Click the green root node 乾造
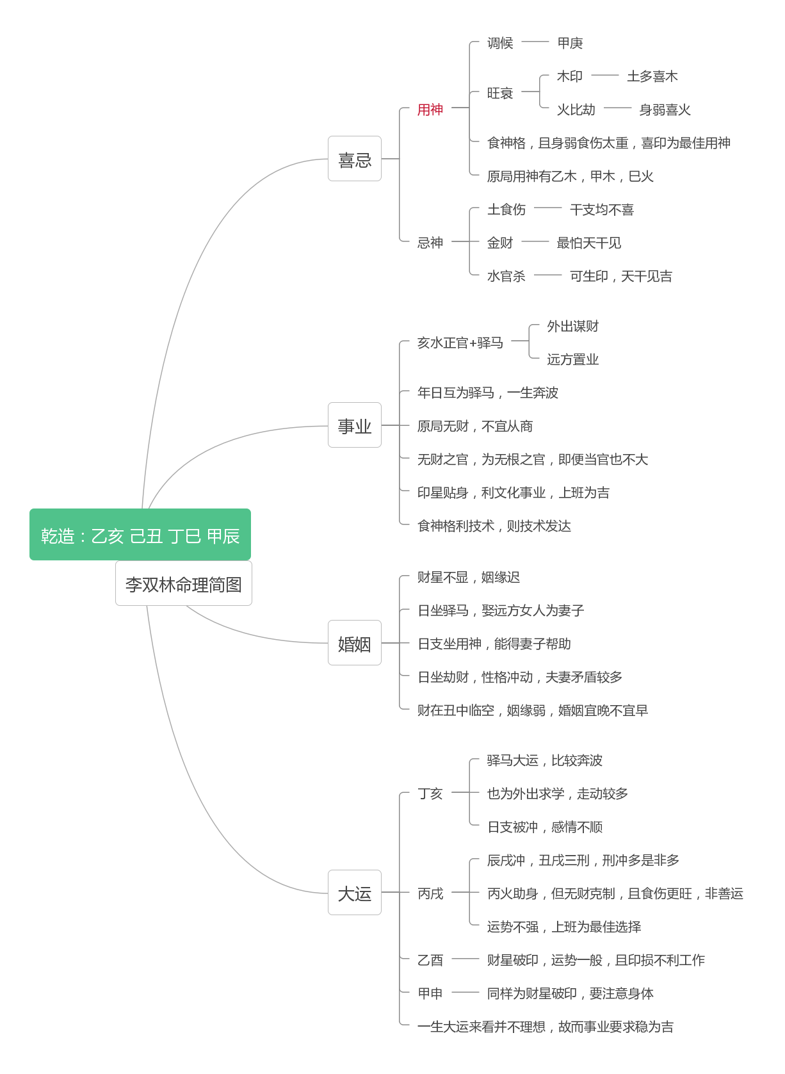pyautogui.click(x=140, y=534)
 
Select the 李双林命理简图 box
pyautogui.click(x=184, y=583)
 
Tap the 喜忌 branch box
pyautogui.click(x=355, y=159)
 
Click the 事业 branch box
pyautogui.click(x=355, y=425)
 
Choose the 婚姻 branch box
pyautogui.click(x=355, y=643)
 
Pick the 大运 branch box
pyautogui.click(x=355, y=893)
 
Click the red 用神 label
pyautogui.click(x=430, y=110)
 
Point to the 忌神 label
pyautogui.click(x=430, y=243)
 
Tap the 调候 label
pyautogui.click(x=500, y=43)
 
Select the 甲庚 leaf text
pyautogui.click(x=570, y=43)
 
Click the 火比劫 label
pyautogui.click(x=576, y=110)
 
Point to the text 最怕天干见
pyautogui.click(x=589, y=243)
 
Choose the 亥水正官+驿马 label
pyautogui.click(x=460, y=343)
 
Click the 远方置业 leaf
pyautogui.click(x=572, y=359)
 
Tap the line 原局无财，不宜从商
pyautogui.click(x=475, y=426)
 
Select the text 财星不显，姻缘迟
pyautogui.click(x=469, y=577)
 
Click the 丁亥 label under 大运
pyautogui.click(x=430, y=793)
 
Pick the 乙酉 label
pyautogui.click(x=430, y=960)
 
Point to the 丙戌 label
pyautogui.click(x=430, y=893)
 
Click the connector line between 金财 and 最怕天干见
pyautogui.click(x=535, y=241)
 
